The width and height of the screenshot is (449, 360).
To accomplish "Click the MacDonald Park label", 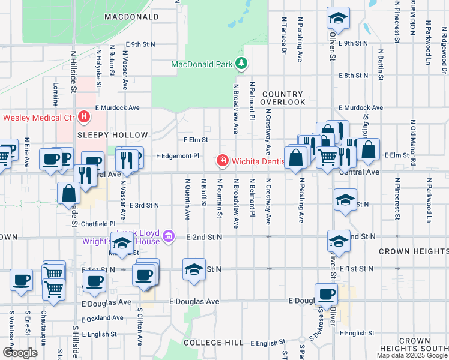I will coord(201,64).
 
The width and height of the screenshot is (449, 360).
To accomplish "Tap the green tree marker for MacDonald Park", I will coord(241,63).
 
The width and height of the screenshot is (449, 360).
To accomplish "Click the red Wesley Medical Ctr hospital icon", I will coord(85,116).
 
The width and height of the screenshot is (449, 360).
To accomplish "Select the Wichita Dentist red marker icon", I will coord(222,161).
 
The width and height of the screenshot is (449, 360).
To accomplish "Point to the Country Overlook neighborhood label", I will coord(283,98).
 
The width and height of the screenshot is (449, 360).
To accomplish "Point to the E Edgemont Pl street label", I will coord(177,155).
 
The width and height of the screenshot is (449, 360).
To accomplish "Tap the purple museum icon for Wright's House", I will coord(169,236).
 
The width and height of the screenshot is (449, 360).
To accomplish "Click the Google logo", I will coord(20,353).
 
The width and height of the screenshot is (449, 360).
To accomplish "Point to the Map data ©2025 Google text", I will coord(412,355).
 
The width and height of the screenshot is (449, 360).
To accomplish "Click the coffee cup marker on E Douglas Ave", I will coord(326,295).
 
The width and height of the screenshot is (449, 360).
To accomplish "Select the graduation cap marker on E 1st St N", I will coord(194,269).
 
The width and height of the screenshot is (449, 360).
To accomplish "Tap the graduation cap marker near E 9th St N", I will coord(338,18).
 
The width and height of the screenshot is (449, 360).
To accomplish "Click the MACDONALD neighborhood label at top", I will coord(131,17).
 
